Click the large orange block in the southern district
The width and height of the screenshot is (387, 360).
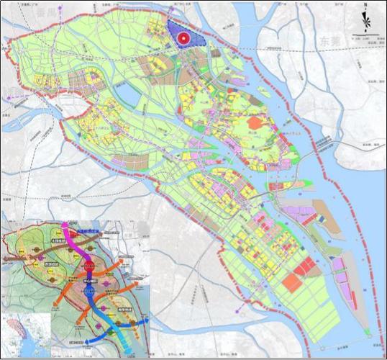tap(291, 282)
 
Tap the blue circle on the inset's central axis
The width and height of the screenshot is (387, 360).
tap(89, 292)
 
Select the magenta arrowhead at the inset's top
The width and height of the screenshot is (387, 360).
tap(65, 225)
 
